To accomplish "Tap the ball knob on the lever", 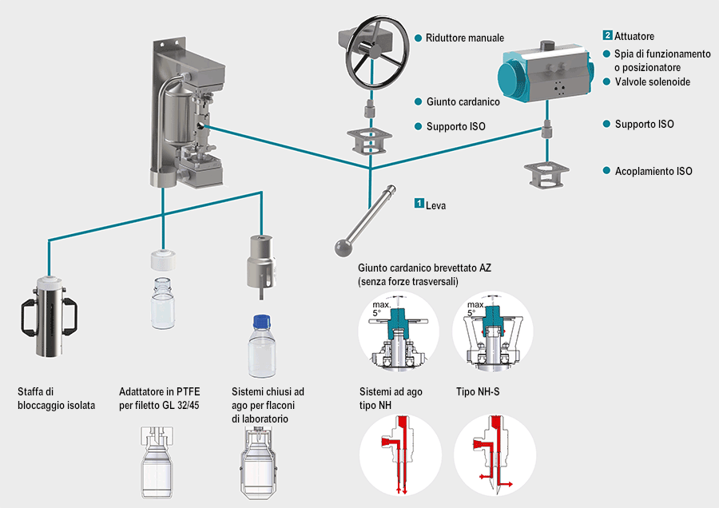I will tap(343, 243).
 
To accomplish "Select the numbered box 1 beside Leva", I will tap(419, 204).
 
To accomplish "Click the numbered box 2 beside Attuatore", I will tap(607, 36).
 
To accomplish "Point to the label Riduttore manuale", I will tap(465, 38).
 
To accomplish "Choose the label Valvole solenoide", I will tap(652, 82).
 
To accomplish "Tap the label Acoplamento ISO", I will tap(653, 171).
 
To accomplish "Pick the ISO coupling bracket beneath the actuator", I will tap(546, 174).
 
